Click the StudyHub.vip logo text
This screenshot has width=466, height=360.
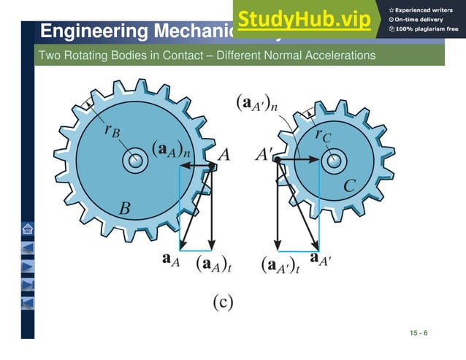303,19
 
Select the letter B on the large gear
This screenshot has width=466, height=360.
125,210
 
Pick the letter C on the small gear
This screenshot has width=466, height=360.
349,186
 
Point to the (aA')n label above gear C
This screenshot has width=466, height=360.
256,102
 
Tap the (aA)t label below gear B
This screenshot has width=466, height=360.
213,264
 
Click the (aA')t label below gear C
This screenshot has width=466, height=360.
280,264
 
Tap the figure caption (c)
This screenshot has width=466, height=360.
222,300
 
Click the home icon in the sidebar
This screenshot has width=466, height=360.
27,229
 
